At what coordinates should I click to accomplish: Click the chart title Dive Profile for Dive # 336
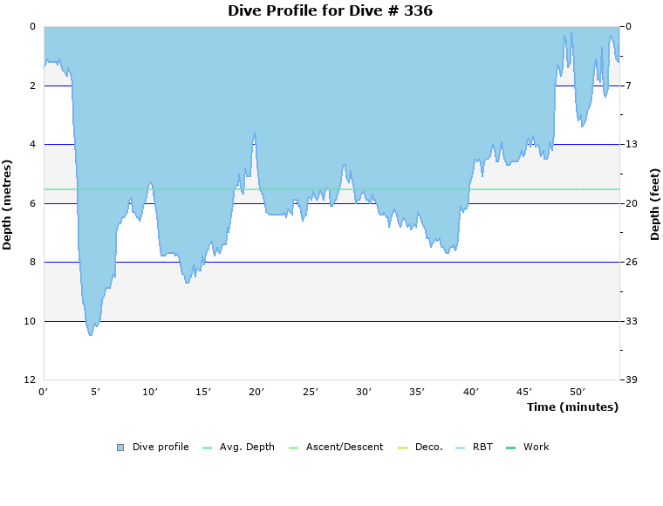coord(330,11)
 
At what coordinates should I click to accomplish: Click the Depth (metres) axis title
coord(8,204)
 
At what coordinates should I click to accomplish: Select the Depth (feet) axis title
coord(654,204)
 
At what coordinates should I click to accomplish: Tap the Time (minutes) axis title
coord(572,407)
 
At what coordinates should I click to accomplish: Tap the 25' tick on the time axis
coord(311,393)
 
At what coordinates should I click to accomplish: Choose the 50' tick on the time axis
coord(578,393)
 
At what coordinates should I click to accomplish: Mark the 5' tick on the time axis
coord(97,393)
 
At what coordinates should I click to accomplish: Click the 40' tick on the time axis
coord(471,393)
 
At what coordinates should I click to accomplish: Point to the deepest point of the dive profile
coord(91,334)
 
